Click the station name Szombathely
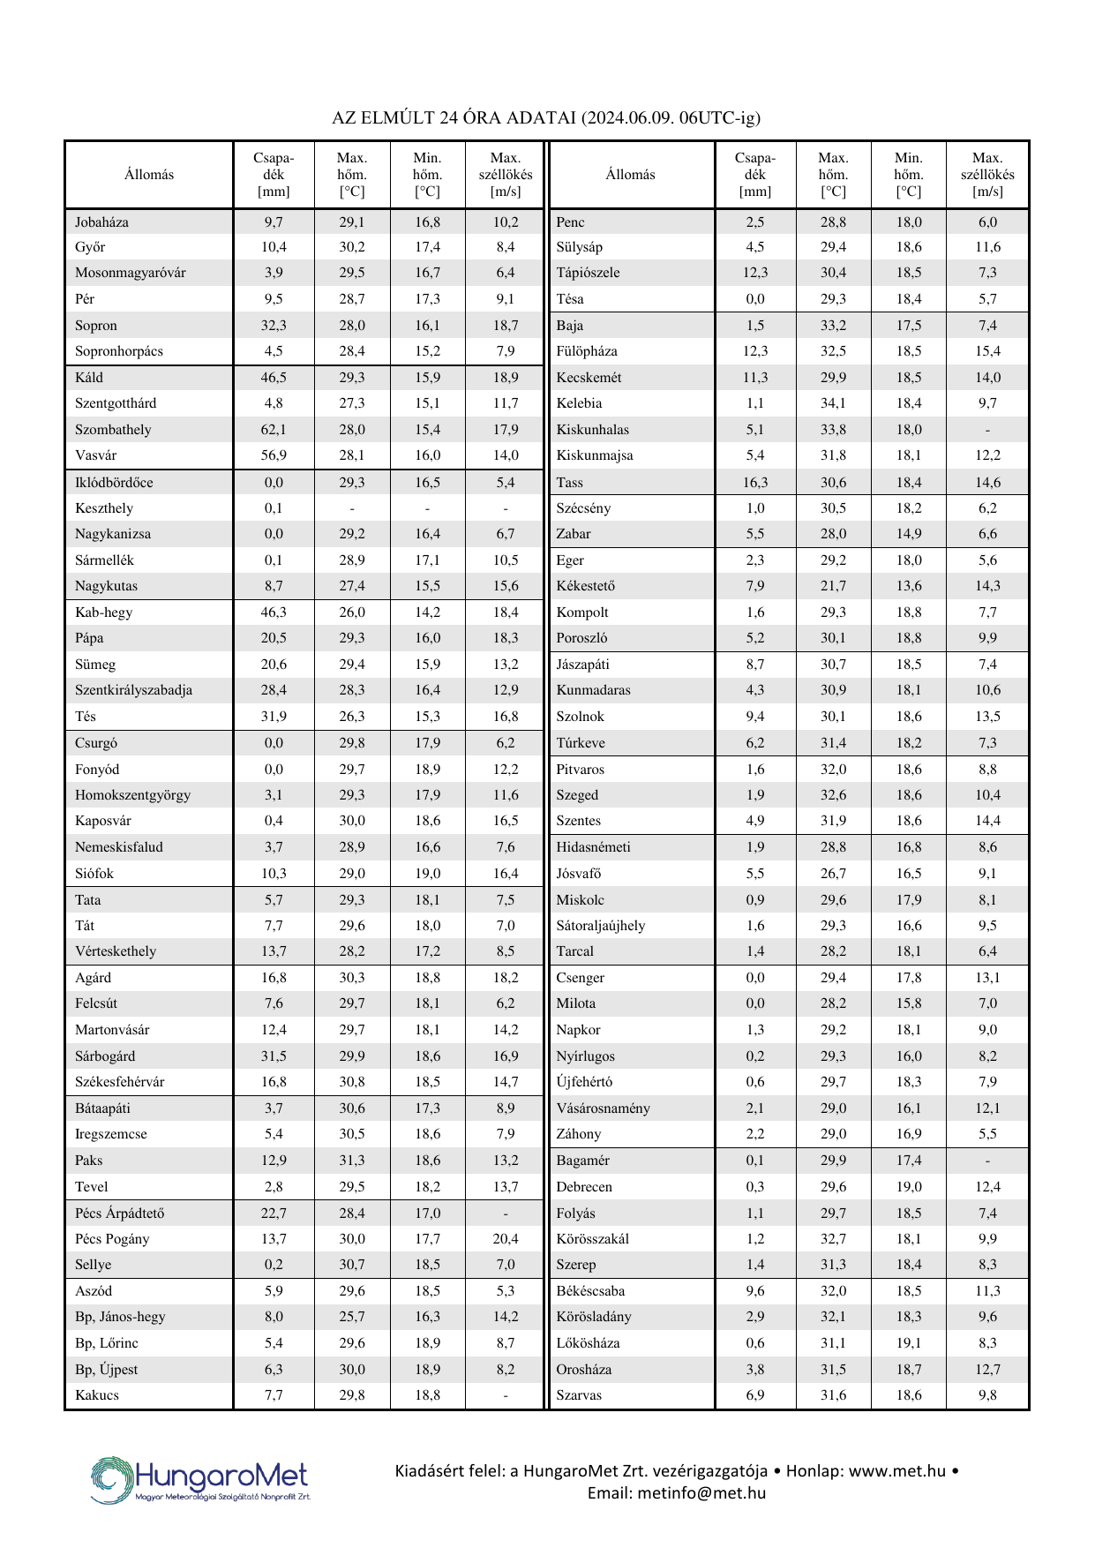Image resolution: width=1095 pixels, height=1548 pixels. coord(113,430)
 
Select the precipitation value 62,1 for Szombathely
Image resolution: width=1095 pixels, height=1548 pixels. coord(274,430)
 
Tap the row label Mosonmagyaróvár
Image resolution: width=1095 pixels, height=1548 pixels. coord(131,273)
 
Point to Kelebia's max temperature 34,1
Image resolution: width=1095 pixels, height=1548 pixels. coord(833,403)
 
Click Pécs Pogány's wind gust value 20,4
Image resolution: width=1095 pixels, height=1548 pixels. coord(506,1239)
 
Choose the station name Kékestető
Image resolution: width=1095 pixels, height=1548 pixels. coord(586,586)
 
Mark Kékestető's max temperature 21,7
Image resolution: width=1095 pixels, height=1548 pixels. coord(833,586)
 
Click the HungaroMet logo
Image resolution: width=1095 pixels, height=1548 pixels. coord(200,1480)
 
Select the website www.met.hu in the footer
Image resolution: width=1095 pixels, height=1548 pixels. coord(897,1471)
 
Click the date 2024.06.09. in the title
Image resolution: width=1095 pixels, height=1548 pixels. coord(630,117)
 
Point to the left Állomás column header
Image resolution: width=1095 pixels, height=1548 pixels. coord(149,175)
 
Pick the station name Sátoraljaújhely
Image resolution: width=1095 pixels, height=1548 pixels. coord(601,926)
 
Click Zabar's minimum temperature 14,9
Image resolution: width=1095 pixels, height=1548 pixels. coord(908,534)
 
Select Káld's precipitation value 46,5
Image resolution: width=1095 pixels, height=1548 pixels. coord(274,378)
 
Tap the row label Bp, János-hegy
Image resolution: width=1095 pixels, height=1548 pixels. coord(120,1317)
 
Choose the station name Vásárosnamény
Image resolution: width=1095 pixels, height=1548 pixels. coord(603,1108)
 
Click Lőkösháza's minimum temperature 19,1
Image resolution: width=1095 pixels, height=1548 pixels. coord(908,1343)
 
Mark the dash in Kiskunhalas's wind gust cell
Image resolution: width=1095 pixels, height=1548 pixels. coord(987,430)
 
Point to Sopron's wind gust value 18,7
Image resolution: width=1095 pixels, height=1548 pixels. coord(506,326)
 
